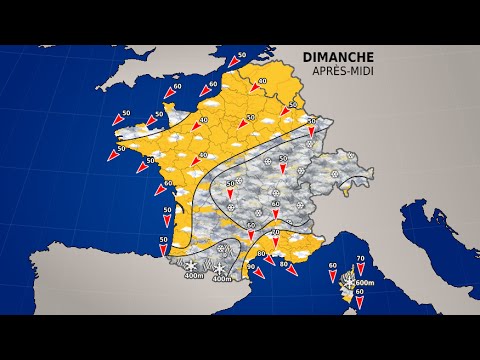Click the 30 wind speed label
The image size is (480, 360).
tap(311, 121)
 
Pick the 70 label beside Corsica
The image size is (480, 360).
tap(360, 259)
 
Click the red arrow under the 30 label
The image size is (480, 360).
tap(311, 133)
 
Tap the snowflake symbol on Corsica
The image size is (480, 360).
tap(348, 284)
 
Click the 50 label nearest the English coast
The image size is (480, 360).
tap(242, 56)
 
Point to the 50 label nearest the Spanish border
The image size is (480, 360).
tap(164, 240)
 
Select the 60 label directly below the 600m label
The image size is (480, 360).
tap(359, 292)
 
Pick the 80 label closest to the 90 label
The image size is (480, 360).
tap(261, 254)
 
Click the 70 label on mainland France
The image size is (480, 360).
tap(275, 232)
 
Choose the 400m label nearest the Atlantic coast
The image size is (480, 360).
tap(192, 277)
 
